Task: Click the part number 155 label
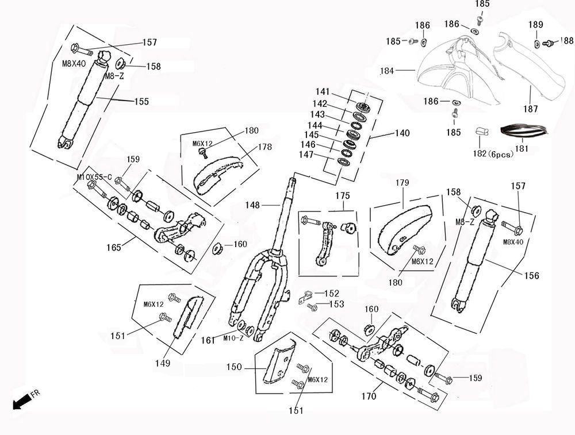coord(141,102)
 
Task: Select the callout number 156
coord(531,276)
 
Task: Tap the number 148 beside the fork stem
coord(252,205)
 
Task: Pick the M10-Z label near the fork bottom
coord(233,338)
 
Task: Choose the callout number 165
coord(114,247)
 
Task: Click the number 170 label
coord(369,396)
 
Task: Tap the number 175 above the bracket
coord(343,196)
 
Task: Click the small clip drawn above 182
coord(481,132)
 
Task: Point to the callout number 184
coord(388,71)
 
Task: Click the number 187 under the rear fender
coord(530,109)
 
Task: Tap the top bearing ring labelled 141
coord(363,107)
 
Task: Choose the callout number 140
coord(402,133)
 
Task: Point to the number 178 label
coord(264,147)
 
